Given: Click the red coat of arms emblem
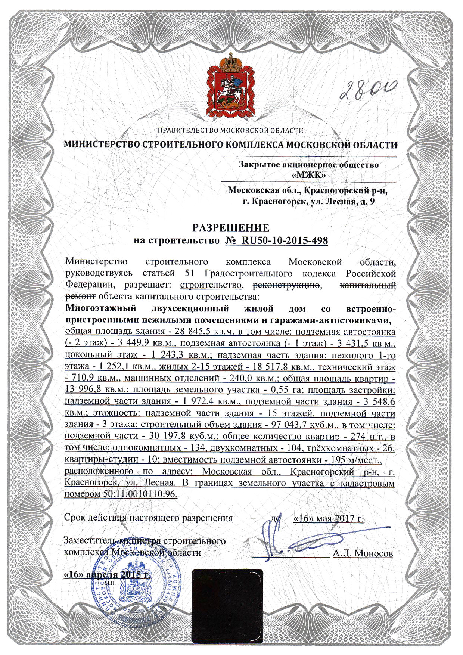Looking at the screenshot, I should point(231,87).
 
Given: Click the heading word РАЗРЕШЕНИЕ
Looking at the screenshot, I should point(231,228).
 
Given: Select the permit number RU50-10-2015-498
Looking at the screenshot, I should point(285,240).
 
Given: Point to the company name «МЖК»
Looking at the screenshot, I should point(308,175).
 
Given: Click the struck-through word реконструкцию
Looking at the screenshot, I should point(286,285).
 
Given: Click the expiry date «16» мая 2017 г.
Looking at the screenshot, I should point(329,518).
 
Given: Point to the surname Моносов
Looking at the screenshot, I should point(373,553).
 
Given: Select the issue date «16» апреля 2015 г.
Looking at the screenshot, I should point(108,574).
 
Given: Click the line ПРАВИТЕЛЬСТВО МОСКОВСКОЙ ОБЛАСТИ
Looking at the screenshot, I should point(230,130).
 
